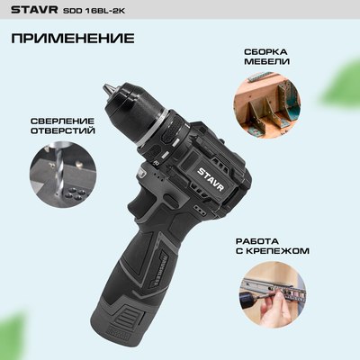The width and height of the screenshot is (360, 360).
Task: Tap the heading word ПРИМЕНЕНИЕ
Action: click(x=74, y=40)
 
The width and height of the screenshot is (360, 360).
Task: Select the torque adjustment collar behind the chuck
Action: click(x=175, y=130)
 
